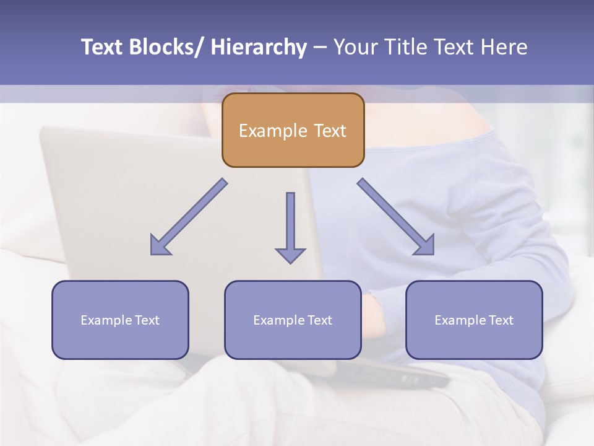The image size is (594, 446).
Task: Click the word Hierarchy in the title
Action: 259,48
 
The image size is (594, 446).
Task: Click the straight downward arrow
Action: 290,226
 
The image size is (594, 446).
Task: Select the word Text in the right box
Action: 501,320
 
